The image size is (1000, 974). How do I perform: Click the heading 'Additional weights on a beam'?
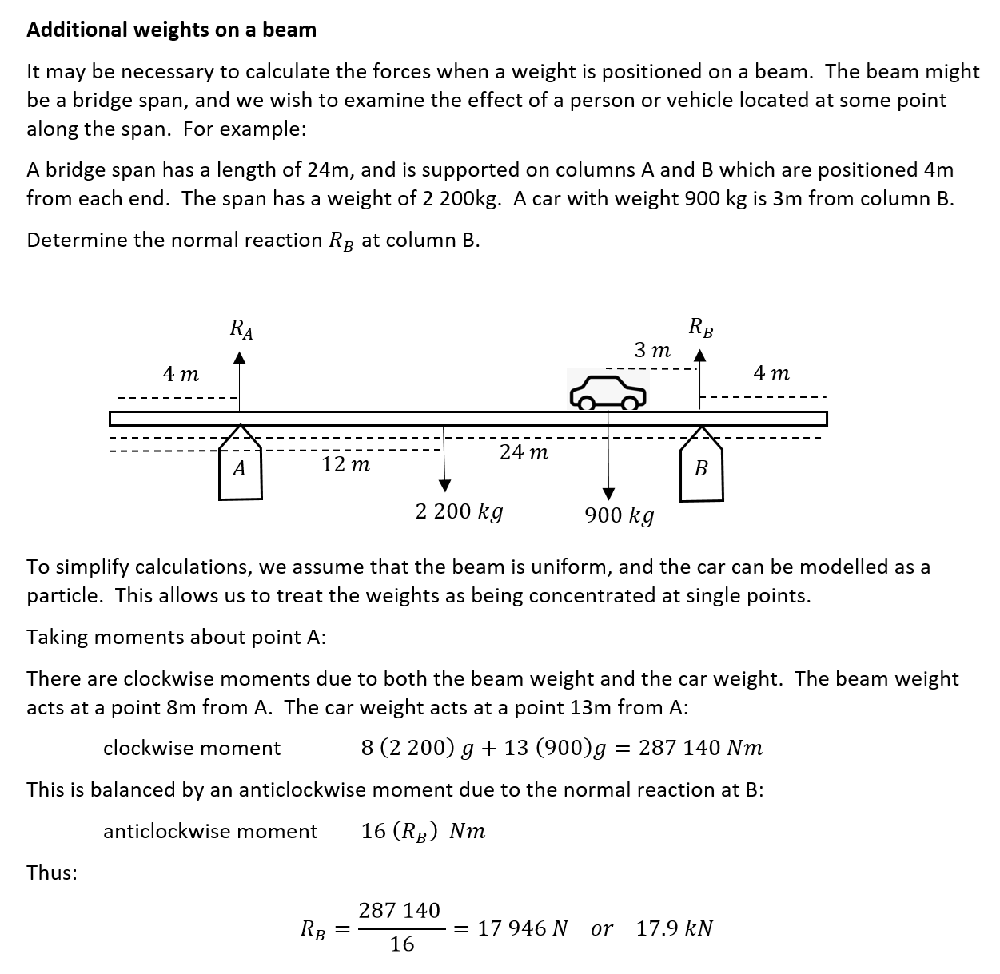point(171,30)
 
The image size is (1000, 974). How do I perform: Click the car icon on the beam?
point(608,391)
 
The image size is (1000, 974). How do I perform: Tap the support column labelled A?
point(240,468)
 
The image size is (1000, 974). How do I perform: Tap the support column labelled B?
point(701,469)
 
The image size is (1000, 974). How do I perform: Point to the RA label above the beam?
point(241,329)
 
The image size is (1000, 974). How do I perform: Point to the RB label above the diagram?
point(701,328)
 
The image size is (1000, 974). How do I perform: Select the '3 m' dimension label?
point(652,350)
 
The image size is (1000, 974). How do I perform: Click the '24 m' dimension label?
point(524,453)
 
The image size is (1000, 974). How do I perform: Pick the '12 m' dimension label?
point(345,464)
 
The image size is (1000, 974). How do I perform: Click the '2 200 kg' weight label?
point(459,511)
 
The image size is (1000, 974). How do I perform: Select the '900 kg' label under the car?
point(619,515)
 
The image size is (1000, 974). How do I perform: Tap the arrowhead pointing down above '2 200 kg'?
point(444,486)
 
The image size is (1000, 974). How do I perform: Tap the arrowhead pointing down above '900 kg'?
point(608,493)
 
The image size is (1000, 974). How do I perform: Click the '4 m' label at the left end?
point(181,373)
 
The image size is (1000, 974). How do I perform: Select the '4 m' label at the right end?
point(771,373)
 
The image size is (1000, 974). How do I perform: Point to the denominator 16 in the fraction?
point(402,944)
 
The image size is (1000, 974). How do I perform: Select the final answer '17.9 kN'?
point(674,928)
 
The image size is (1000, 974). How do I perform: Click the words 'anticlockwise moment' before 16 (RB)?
point(210,832)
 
